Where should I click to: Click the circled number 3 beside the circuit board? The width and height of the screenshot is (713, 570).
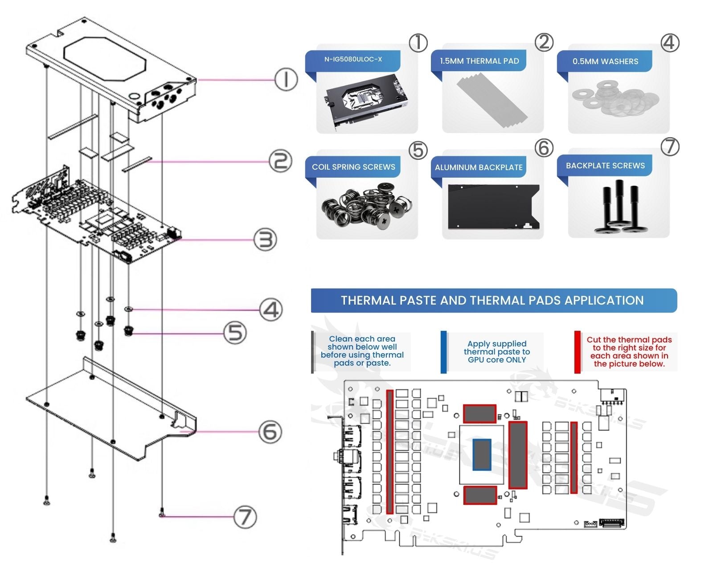tap(266, 240)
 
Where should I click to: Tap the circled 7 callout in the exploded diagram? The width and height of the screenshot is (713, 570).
tap(246, 517)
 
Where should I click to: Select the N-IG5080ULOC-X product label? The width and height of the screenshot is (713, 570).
tap(353, 59)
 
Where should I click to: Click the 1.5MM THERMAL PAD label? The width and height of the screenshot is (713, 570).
tap(479, 61)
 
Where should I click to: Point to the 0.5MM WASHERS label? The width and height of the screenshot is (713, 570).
tap(605, 61)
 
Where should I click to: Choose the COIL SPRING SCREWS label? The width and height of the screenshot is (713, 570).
tap(353, 167)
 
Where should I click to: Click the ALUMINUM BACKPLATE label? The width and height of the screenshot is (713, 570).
tap(479, 167)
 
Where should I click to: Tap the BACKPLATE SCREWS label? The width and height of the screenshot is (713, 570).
tap(605, 166)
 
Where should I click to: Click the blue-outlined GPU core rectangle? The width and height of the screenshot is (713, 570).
tap(482, 454)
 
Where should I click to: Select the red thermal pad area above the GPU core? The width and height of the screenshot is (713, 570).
tap(479, 414)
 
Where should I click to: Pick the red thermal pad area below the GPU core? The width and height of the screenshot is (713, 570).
tap(480, 495)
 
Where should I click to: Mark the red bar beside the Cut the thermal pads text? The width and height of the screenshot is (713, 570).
tap(578, 352)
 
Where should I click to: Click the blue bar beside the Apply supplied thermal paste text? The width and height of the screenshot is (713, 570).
tap(443, 352)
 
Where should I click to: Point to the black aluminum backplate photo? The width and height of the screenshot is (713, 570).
tap(493, 207)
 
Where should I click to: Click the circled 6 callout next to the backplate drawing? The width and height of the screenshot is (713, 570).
tap(270, 432)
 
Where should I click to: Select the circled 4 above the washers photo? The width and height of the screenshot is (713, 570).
tap(670, 43)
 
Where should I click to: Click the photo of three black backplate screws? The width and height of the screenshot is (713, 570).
tap(619, 208)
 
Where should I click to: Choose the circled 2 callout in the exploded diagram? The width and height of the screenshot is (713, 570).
tap(281, 161)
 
